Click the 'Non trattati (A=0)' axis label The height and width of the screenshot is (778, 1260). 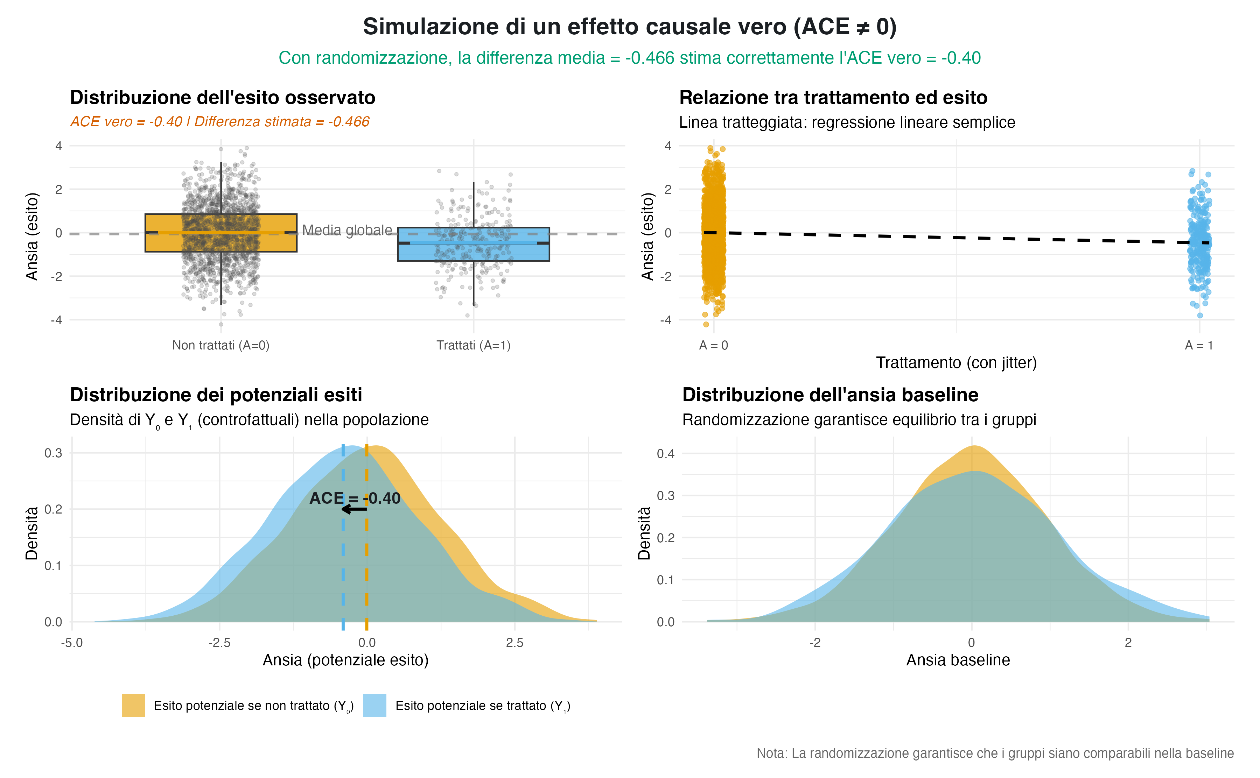pos(221,345)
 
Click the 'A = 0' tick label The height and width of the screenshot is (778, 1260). pos(713,346)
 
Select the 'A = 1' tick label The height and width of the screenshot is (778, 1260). pos(1199,346)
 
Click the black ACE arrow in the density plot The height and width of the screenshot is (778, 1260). pos(354,509)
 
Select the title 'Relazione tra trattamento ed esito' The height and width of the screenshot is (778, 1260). pos(833,98)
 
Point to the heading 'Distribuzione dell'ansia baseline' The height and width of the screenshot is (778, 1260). pos(830,395)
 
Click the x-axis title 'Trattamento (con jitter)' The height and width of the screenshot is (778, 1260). pos(956,363)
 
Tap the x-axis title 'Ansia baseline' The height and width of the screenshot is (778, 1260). pos(958,660)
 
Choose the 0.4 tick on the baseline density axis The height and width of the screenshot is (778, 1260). pos(665,453)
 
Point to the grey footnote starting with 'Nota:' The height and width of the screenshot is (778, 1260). pos(994,753)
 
